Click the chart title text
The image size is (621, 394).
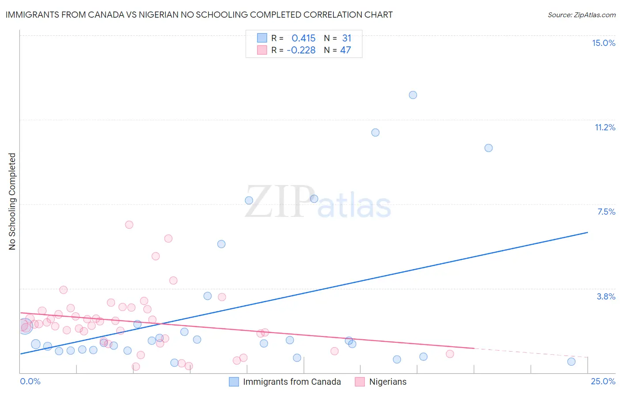[199, 15]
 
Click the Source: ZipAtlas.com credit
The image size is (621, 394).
[581, 15]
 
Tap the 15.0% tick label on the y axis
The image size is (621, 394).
[603, 43]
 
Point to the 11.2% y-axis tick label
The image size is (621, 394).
[605, 127]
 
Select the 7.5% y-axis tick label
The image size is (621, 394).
[606, 212]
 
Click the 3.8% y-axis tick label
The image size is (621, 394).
[606, 296]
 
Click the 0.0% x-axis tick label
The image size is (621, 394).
[30, 381]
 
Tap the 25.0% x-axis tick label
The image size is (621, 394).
[603, 381]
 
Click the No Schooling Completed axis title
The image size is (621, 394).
[12, 201]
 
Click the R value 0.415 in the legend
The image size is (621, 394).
[303, 38]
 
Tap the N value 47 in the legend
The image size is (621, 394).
[345, 50]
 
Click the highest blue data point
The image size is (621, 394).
[413, 95]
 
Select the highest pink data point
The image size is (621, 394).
[129, 224]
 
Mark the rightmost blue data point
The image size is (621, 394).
[571, 362]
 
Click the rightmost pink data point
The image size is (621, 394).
[450, 354]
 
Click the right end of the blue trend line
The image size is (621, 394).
[587, 232]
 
